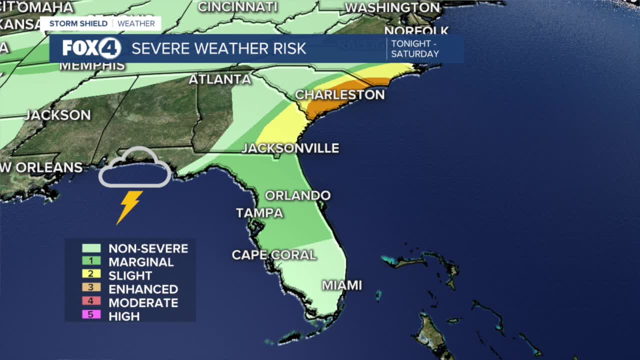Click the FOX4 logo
[91, 48]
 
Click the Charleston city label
[339, 94]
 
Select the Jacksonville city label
[290, 148]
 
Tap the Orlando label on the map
[297, 195]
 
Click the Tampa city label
[259, 212]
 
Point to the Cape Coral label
[274, 254]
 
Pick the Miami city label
[341, 285]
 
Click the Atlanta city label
[220, 79]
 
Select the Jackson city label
[57, 114]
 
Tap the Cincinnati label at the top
[237, 7]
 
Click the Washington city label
[392, 8]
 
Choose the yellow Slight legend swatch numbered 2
[91, 274]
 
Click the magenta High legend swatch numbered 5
[91, 314]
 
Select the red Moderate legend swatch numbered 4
[91, 301]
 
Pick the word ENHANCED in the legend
[143, 289]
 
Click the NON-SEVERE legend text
[148, 248]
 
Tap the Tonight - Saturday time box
[415, 48]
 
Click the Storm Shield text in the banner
[78, 23]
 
